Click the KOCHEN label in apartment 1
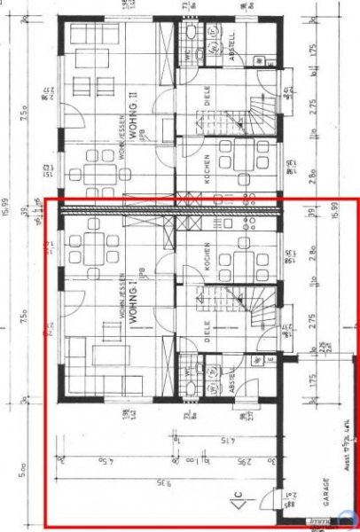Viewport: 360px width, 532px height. coord(206,257)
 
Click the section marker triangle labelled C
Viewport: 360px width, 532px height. coord(240,509)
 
